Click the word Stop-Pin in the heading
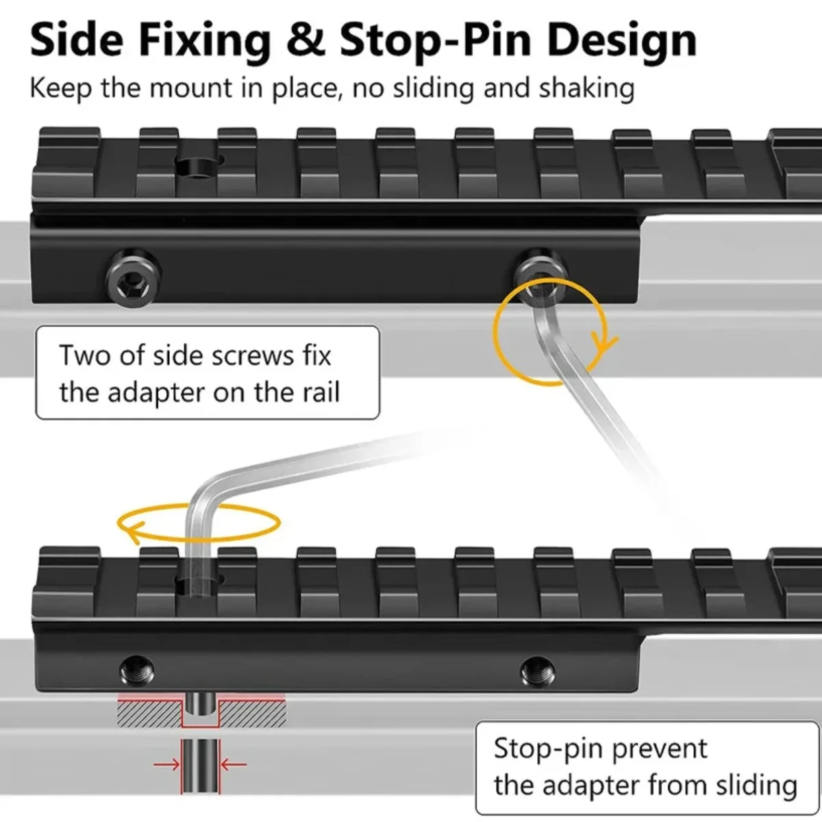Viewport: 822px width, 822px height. [x=436, y=41]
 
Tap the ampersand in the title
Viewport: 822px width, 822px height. [x=305, y=40]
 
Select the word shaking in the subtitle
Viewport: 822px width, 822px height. [x=586, y=89]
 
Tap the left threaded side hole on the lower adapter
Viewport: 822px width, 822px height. [x=137, y=671]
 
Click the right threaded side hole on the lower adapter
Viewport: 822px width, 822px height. [x=538, y=672]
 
